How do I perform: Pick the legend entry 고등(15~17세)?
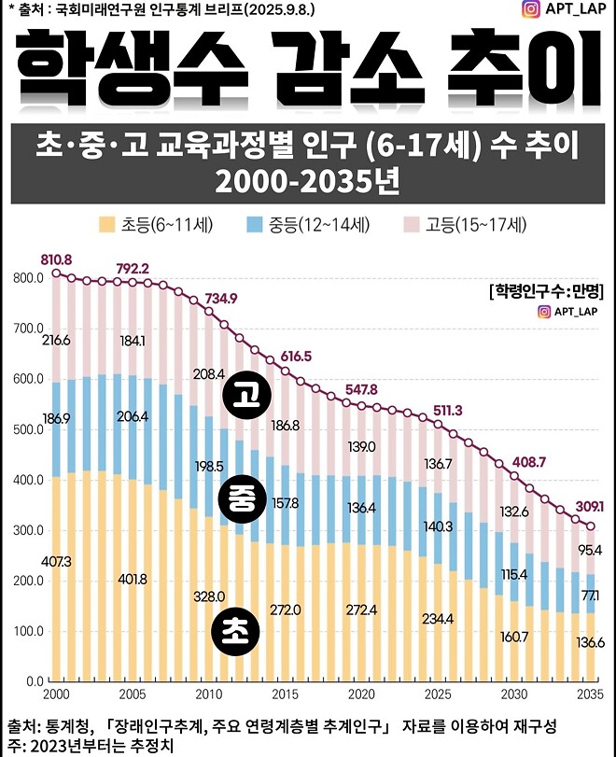point(467,225)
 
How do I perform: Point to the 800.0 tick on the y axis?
point(27,278)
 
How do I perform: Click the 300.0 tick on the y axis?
point(27,530)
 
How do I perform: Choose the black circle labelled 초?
point(238,629)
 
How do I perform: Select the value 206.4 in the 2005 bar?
point(133,415)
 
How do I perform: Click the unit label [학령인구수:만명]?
point(546,290)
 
